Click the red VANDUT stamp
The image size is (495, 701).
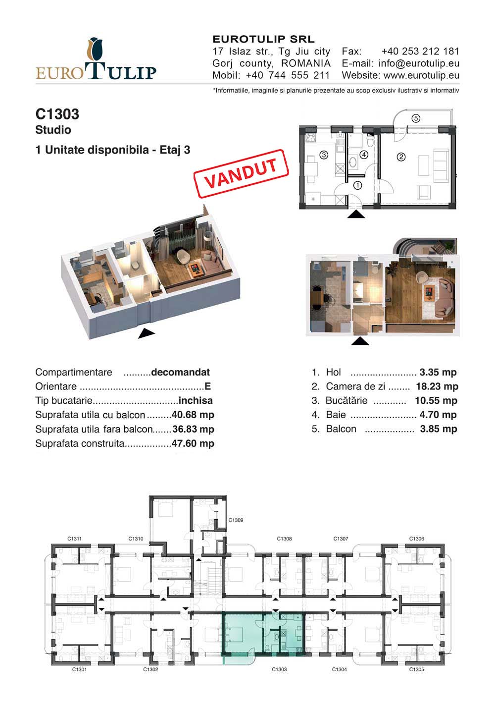click(241, 174)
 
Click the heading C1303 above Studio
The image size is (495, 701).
click(57, 114)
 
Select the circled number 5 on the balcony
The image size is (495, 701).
click(416, 118)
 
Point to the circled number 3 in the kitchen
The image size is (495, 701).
click(324, 155)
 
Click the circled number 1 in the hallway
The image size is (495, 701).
click(357, 186)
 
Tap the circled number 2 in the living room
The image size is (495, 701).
click(401, 157)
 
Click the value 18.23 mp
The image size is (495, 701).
click(437, 386)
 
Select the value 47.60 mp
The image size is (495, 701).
click(193, 443)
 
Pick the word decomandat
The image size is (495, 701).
click(180, 372)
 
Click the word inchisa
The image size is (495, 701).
click(196, 401)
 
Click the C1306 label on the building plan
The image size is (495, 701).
click(416, 539)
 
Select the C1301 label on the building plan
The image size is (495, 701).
click(79, 669)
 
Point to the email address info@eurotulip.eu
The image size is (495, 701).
click(419, 63)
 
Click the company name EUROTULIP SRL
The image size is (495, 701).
click(264, 39)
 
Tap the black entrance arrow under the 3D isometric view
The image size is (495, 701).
click(147, 333)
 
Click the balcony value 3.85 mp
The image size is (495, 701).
click(439, 429)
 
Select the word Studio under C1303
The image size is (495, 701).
click(53, 130)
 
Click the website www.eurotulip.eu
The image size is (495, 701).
click(422, 75)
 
